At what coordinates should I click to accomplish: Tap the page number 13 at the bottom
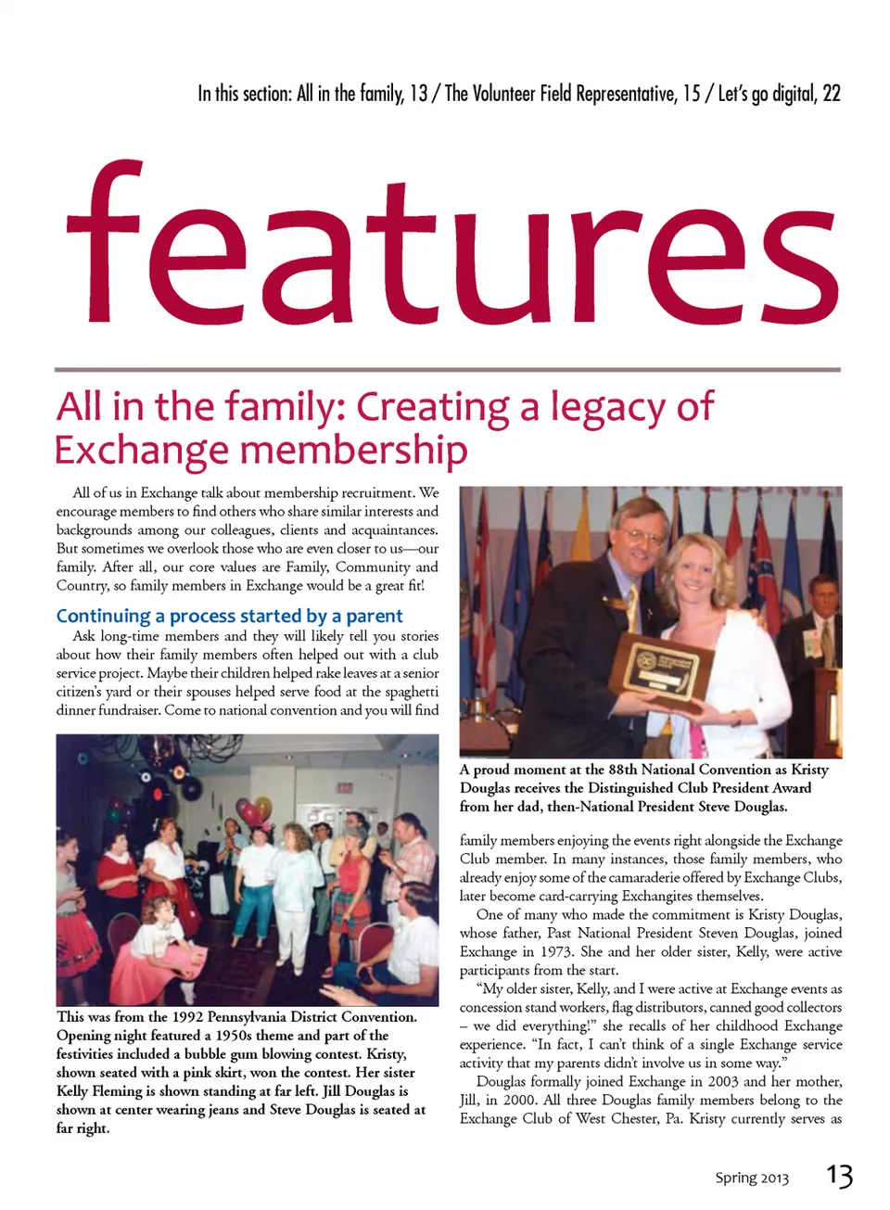839,1176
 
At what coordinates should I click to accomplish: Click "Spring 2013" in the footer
751,1178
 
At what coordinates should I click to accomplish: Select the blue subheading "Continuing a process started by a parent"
229,616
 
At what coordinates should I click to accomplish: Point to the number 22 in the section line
831,94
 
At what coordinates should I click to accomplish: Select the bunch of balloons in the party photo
255,812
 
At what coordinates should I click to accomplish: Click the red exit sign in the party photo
344,786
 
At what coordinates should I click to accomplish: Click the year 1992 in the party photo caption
188,1016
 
